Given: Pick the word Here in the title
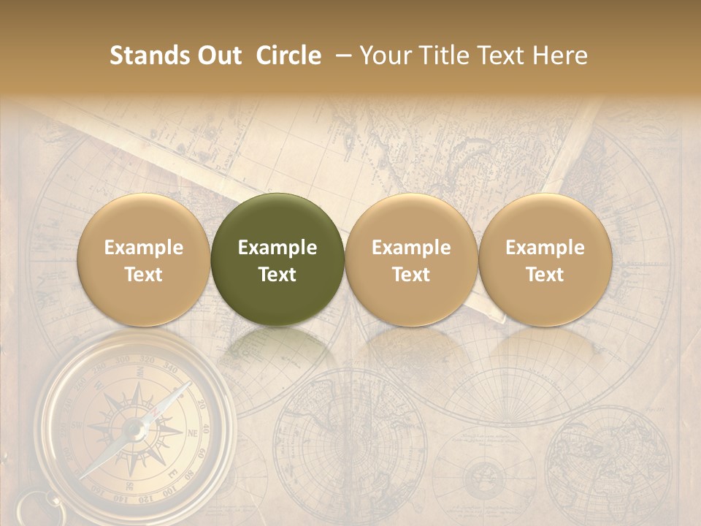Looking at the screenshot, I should [x=560, y=56].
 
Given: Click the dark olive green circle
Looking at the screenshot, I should [x=277, y=259].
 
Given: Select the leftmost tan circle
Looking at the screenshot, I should [x=143, y=259].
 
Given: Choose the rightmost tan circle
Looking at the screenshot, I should [x=545, y=259].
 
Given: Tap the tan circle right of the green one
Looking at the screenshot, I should [x=411, y=259].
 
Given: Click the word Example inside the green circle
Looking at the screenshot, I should [x=277, y=247].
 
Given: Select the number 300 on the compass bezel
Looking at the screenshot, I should [x=123, y=359].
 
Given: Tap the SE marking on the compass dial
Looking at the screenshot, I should [x=129, y=486].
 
